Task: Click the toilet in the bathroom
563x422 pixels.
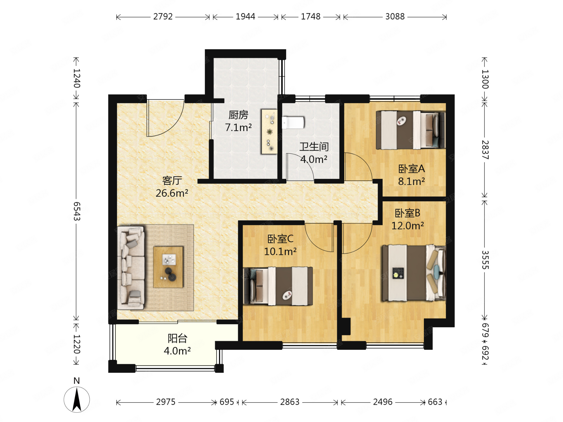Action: (x=293, y=123)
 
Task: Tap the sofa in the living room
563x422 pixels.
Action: (x=131, y=268)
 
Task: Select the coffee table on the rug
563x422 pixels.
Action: (x=168, y=267)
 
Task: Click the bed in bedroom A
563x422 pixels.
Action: (x=411, y=130)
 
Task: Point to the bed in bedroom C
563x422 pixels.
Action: (x=278, y=286)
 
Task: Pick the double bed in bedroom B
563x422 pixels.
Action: (x=413, y=273)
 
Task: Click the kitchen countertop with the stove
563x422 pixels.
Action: (x=269, y=131)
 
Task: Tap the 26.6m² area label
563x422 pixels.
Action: (x=172, y=193)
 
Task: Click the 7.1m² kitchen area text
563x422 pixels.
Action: (x=238, y=127)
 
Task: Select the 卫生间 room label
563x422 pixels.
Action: (x=314, y=147)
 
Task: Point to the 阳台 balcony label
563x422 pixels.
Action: (x=177, y=338)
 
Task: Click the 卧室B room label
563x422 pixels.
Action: (x=407, y=213)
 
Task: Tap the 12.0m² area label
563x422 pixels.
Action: (x=407, y=226)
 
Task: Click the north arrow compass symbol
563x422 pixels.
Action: (x=77, y=399)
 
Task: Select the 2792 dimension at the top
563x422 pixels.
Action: (x=163, y=17)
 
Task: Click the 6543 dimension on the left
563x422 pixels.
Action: (x=77, y=211)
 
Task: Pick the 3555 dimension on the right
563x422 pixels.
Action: (x=485, y=260)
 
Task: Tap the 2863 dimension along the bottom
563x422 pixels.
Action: (x=290, y=402)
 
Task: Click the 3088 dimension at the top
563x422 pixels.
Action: (x=395, y=17)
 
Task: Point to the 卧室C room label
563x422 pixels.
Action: (x=280, y=239)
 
